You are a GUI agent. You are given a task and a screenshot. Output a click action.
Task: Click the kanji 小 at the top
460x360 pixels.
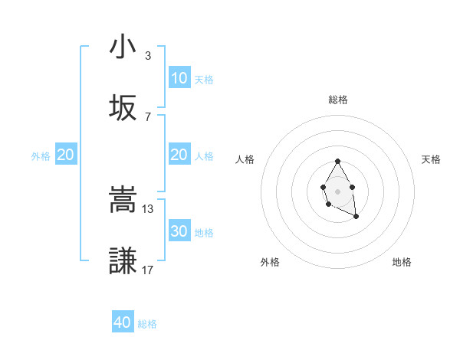123,47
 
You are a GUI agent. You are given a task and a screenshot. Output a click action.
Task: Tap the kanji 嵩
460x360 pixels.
123,201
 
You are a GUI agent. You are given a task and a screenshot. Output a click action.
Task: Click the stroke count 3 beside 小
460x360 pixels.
147,56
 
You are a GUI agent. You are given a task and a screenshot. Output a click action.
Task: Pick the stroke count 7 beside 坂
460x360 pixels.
147,116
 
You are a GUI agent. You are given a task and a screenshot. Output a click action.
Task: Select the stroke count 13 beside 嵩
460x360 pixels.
149,208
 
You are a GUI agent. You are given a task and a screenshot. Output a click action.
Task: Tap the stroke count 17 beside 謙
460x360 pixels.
149,270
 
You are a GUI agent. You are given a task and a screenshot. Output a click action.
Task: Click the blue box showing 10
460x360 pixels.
179,78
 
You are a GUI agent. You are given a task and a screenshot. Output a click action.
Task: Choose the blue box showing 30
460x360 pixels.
179,231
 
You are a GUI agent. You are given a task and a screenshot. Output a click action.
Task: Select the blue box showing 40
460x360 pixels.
123,322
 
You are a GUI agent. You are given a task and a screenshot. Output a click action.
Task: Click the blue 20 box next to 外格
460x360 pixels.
66,155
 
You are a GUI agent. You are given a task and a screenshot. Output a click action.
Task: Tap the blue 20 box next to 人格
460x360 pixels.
179,155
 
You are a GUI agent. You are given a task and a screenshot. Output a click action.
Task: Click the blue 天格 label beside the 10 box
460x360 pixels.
204,79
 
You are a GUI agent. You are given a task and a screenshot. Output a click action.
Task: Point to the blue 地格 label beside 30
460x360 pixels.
204,232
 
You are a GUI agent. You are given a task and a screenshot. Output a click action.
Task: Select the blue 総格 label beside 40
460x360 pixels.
147,324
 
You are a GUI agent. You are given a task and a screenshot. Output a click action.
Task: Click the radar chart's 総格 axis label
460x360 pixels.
338,100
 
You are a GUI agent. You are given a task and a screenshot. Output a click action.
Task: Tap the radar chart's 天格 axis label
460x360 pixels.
432,159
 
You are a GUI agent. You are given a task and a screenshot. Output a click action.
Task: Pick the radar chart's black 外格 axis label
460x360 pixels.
270,262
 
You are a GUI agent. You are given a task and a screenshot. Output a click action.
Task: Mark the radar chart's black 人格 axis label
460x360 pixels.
245,159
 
